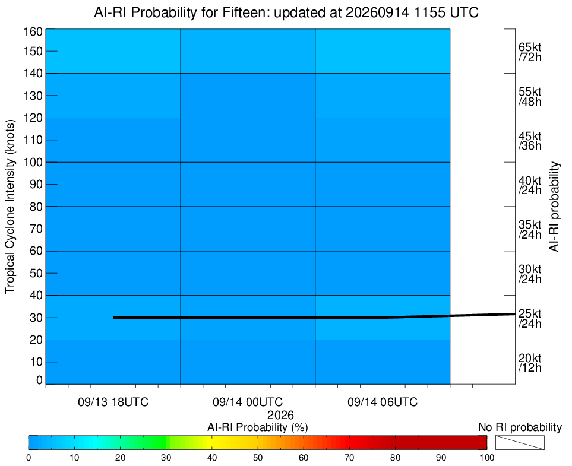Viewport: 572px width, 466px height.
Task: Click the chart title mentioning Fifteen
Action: pos(286,12)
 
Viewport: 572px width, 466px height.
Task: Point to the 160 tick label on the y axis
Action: pos(33,31)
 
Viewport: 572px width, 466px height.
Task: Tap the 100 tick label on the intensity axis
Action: pos(33,162)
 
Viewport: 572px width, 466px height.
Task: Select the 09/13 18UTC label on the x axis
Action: pos(113,402)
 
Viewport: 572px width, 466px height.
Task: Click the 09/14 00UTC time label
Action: pos(248,402)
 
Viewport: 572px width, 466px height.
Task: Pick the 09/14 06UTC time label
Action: pos(383,402)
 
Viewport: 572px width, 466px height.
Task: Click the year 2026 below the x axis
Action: pos(280,415)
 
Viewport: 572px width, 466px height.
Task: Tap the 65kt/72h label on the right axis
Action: pos(530,52)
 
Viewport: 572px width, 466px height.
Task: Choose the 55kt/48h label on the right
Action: pos(530,97)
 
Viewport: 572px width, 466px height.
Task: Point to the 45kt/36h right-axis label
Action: pos(530,141)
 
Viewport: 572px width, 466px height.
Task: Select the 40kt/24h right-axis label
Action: pos(530,185)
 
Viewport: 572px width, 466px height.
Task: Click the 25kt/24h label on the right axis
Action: pos(530,318)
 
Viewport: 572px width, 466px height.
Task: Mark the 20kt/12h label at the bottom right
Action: pos(530,363)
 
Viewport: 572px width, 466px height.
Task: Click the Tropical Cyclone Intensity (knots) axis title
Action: pos(10,207)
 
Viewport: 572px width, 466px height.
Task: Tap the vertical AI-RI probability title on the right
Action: pos(554,207)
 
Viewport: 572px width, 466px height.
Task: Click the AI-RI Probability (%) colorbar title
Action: pos(258,427)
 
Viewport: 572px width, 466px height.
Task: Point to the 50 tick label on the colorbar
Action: pos(258,458)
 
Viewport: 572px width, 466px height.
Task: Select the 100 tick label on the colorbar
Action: pos(486,458)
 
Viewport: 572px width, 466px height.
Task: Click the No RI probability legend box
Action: pos(520,442)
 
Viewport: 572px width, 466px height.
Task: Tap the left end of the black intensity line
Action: pos(113,318)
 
